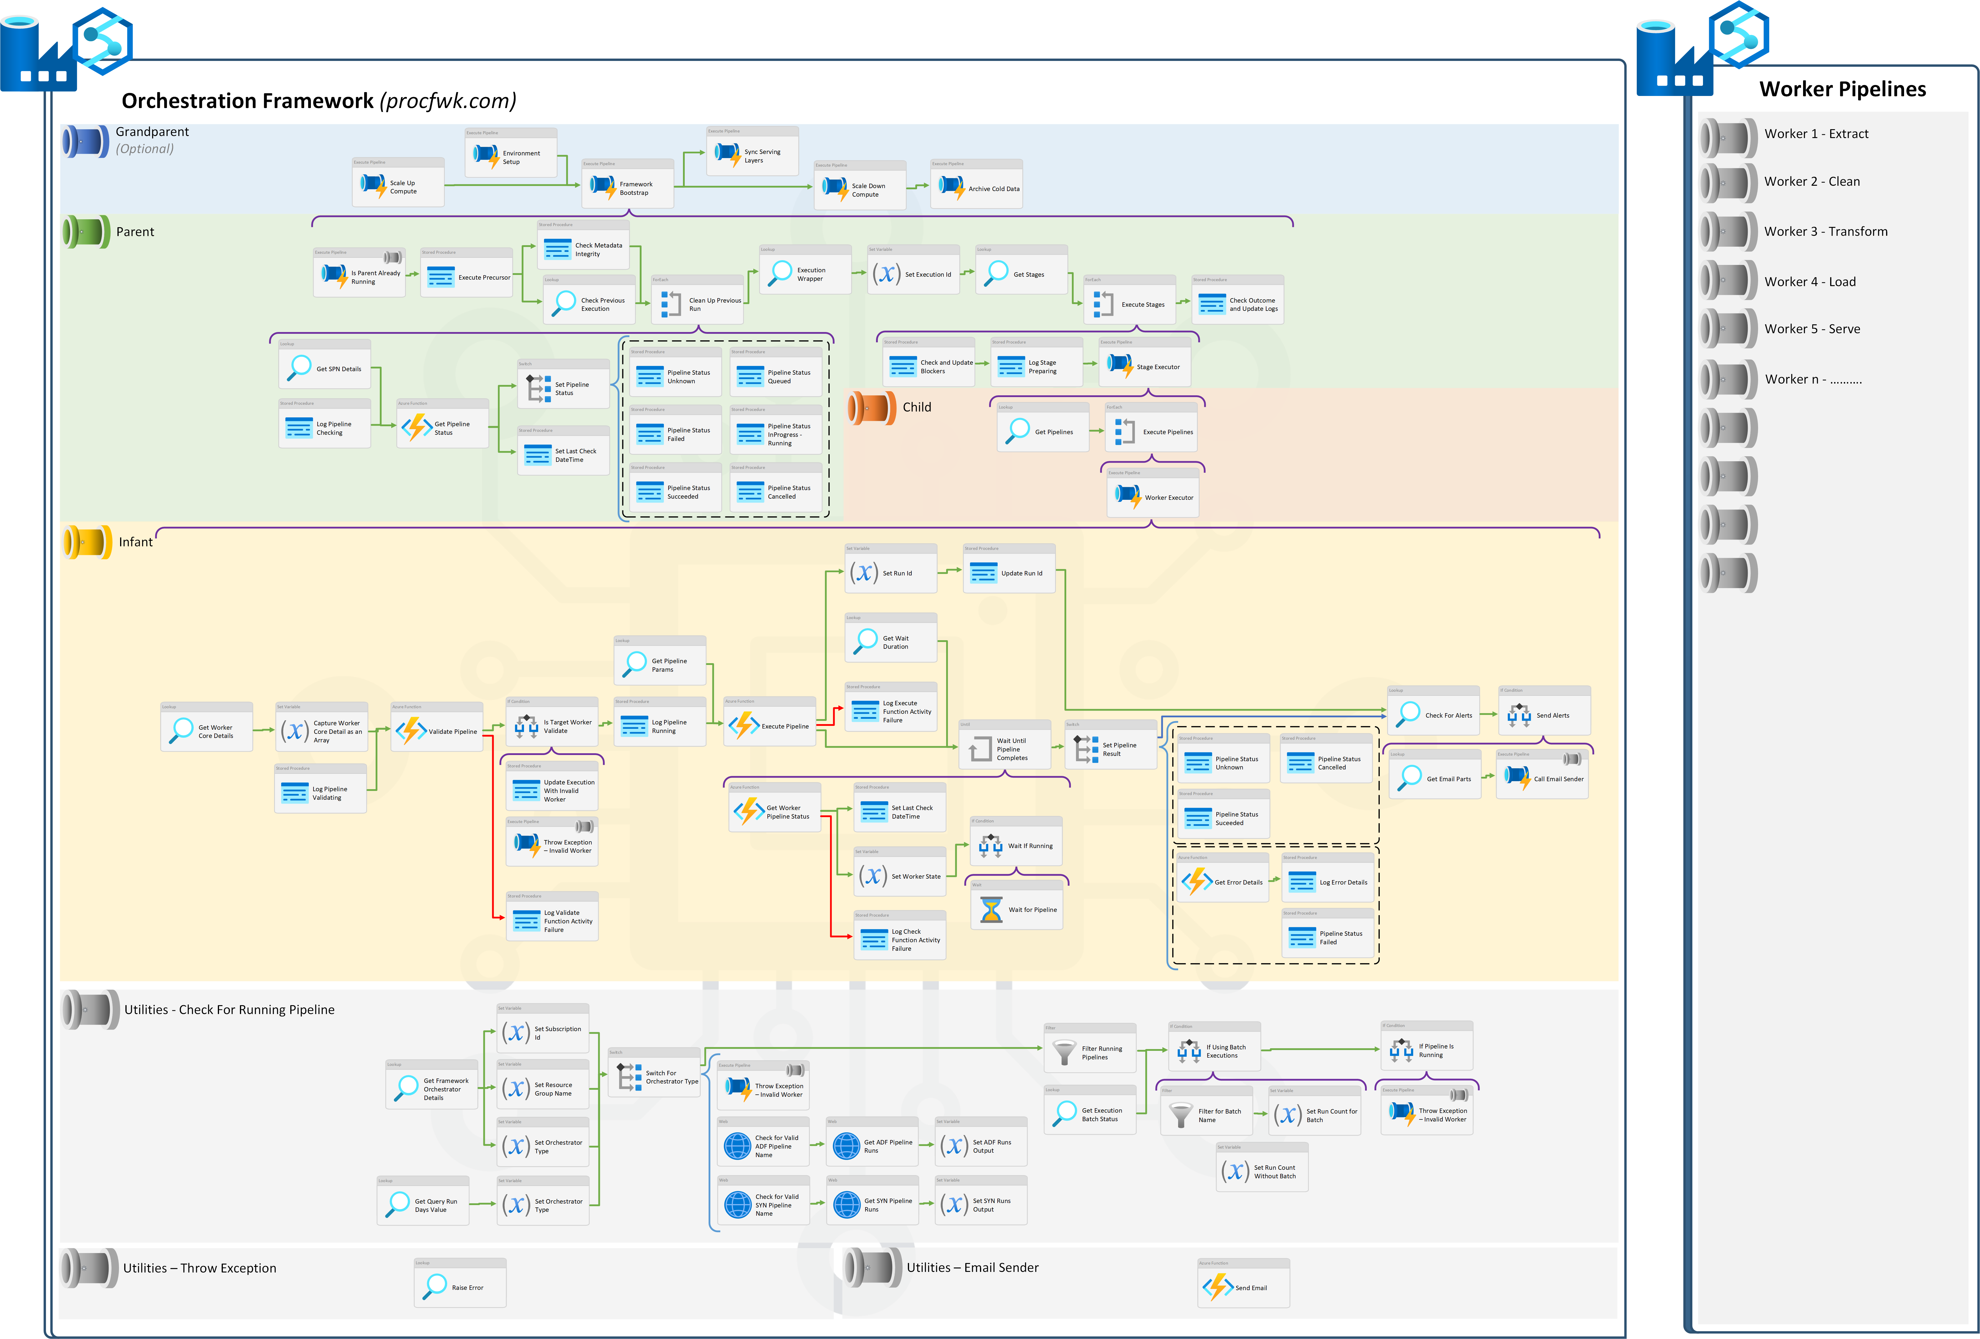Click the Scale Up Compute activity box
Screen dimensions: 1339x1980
click(398, 183)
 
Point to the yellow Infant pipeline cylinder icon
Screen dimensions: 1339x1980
click(87, 542)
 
